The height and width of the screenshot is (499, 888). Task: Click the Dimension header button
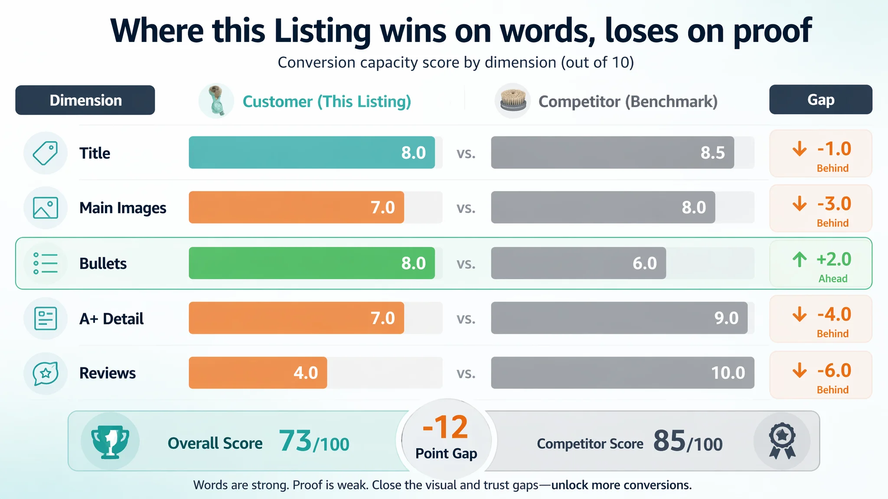pos(85,100)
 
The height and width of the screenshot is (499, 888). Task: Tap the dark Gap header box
pos(821,100)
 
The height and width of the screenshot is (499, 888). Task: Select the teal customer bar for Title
pos(312,152)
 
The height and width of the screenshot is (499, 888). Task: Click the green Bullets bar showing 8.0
pos(312,263)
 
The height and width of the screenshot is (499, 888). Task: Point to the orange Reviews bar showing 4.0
pos(258,373)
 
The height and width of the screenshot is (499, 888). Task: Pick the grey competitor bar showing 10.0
pos(623,373)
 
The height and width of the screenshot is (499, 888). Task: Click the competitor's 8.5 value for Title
pos(713,153)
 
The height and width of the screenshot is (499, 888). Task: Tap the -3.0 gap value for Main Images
pos(834,204)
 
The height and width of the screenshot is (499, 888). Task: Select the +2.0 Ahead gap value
pos(834,259)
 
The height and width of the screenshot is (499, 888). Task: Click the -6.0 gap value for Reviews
pos(834,370)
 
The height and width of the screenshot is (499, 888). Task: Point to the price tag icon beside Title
pos(46,153)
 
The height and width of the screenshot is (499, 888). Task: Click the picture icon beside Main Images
pos(46,207)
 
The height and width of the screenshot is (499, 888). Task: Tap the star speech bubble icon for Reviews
pos(46,373)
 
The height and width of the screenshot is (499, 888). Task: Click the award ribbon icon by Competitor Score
pos(782,441)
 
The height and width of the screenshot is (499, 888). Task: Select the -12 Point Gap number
pos(446,427)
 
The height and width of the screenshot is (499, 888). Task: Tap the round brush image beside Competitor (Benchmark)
pos(513,101)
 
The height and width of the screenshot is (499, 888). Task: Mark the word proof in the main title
pos(772,31)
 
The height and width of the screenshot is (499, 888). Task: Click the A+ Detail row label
pos(111,319)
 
